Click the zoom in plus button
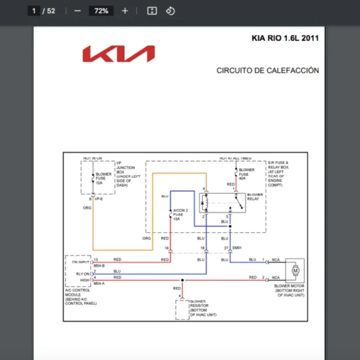pos(125,11)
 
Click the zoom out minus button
pos(77,11)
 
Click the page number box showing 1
pos(35,11)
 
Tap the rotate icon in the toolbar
pos(170,11)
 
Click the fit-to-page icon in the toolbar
pos(152,11)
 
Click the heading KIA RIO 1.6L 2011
pos(285,38)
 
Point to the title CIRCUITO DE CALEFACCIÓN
pos(268,71)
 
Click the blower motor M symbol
pos(295,271)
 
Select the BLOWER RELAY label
pos(255,197)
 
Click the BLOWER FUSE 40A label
pos(247,174)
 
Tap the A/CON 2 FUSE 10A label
pos(180,215)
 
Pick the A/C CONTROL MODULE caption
pos(80,296)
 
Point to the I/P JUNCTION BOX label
pos(125,174)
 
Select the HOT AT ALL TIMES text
pos(235,158)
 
